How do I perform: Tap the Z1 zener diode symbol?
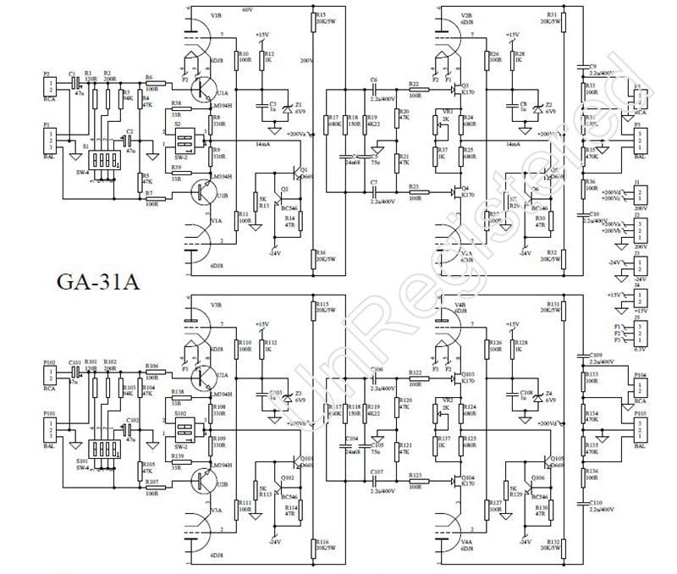[x=288, y=108]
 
